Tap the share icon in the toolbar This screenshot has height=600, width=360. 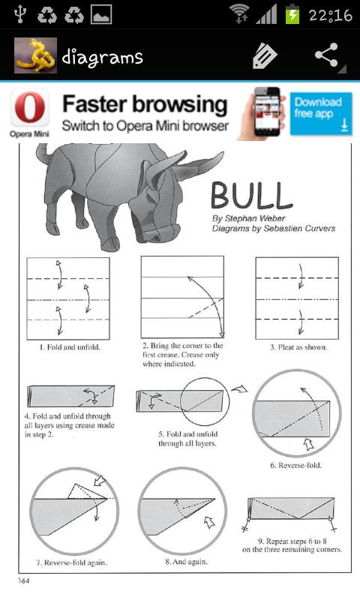(x=326, y=56)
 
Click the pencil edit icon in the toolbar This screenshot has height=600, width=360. (x=265, y=56)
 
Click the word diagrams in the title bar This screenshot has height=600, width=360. (x=102, y=57)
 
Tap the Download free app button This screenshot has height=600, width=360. (x=320, y=113)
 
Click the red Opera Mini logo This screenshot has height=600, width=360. (x=29, y=109)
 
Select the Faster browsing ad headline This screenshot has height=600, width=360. (x=144, y=104)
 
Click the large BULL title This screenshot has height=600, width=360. (x=250, y=195)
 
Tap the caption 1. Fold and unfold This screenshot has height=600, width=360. (x=69, y=348)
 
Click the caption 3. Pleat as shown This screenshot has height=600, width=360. (x=298, y=348)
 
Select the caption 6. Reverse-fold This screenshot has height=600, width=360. (x=295, y=465)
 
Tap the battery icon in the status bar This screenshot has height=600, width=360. (x=292, y=14)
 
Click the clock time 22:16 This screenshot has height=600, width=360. (x=329, y=15)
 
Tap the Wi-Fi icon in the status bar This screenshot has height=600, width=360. (x=239, y=14)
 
